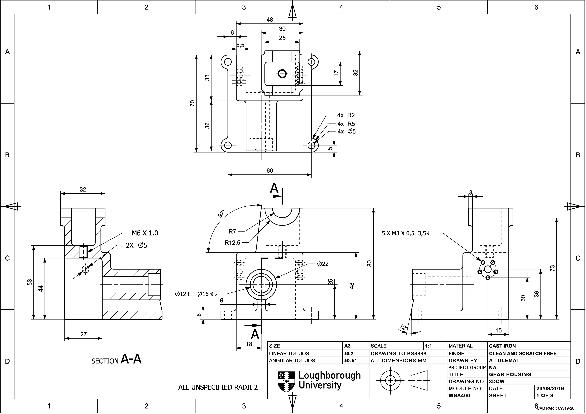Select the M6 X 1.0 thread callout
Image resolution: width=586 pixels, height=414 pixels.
(145, 233)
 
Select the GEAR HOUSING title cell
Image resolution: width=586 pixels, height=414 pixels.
(510, 375)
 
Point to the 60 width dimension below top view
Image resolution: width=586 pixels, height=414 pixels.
(270, 171)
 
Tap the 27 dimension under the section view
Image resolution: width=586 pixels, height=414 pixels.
(83, 334)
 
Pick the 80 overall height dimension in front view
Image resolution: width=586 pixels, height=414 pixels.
(369, 263)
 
